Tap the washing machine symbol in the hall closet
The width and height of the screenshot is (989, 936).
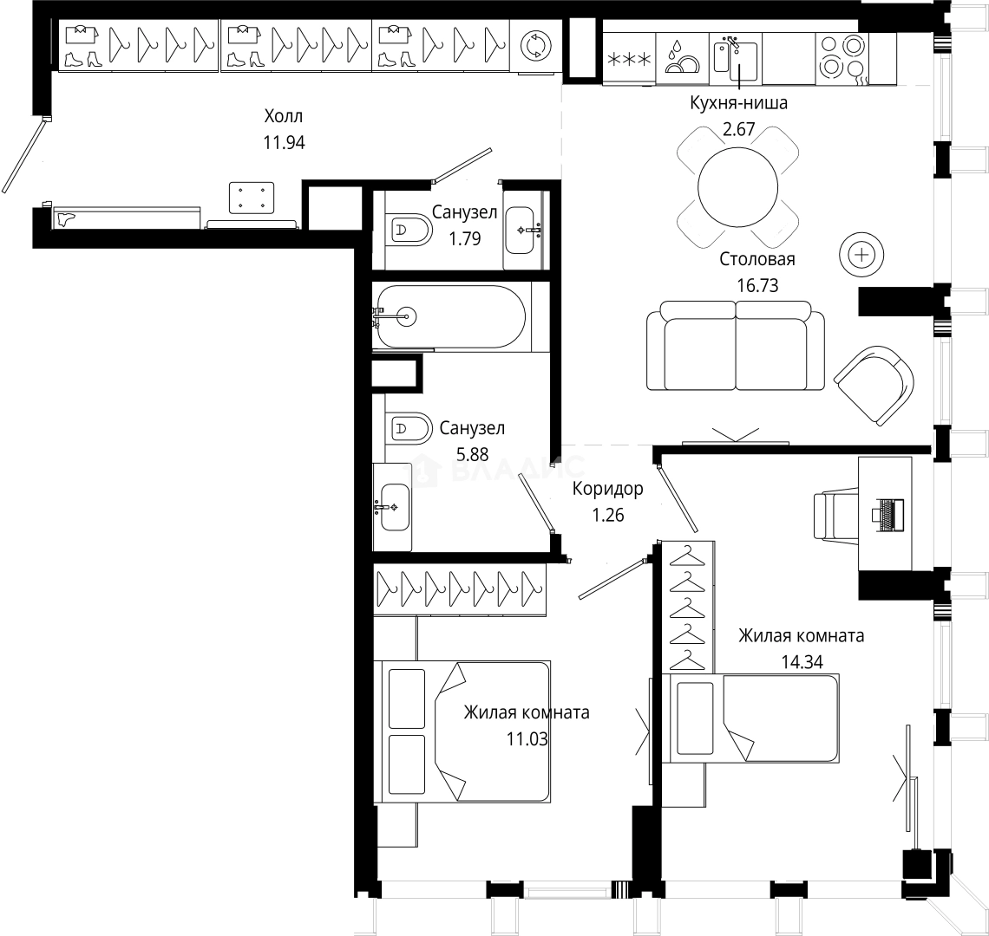click(534, 46)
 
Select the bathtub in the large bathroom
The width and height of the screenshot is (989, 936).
click(449, 317)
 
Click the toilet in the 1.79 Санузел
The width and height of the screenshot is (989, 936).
click(412, 231)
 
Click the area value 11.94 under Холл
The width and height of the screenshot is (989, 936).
click(285, 143)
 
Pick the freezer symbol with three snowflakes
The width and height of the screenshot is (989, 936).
click(629, 59)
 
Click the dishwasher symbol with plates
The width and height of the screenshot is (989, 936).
click(683, 57)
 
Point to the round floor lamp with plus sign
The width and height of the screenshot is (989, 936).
click(861, 255)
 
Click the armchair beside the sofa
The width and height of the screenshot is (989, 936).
click(874, 386)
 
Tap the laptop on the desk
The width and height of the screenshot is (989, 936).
click(887, 514)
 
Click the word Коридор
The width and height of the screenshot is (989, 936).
click(607, 489)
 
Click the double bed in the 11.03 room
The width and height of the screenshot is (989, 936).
click(464, 730)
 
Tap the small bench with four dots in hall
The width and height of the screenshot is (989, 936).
click(252, 197)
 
